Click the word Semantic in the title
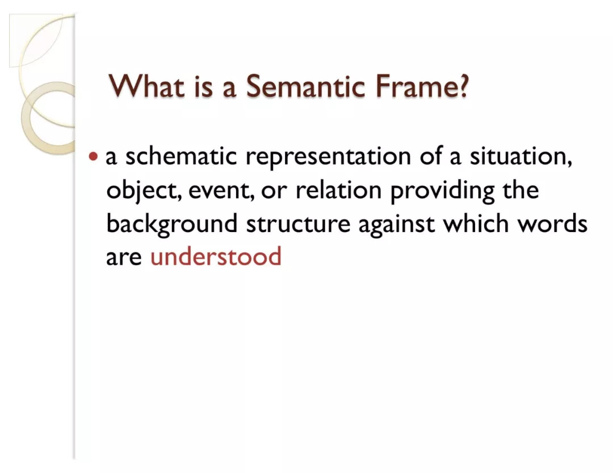[305, 86]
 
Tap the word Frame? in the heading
[421, 86]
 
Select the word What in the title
[146, 86]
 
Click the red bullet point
[93, 157]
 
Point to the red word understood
[216, 256]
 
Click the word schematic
[181, 156]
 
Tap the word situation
[520, 157]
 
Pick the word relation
[338, 190]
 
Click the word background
[171, 224]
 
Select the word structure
[298, 224]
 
